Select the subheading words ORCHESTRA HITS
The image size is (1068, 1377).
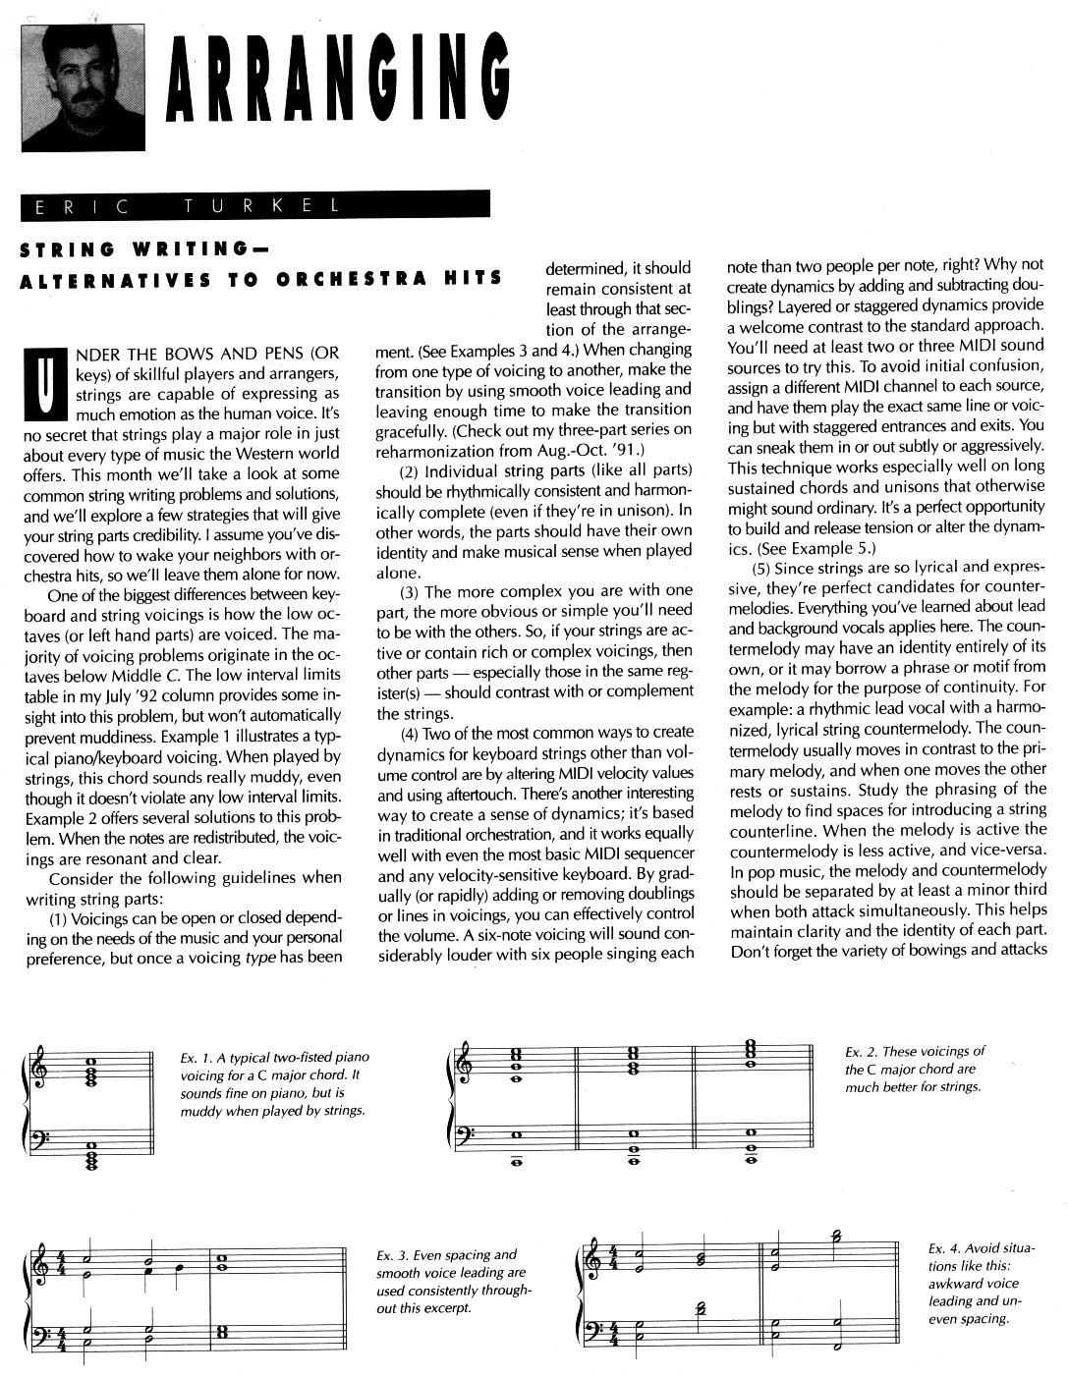click(x=390, y=278)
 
